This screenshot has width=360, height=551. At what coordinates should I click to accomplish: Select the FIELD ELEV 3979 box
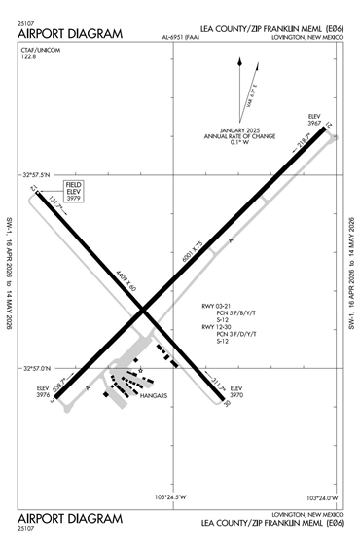[74, 190]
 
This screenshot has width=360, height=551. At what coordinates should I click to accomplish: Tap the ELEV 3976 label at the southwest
[43, 391]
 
